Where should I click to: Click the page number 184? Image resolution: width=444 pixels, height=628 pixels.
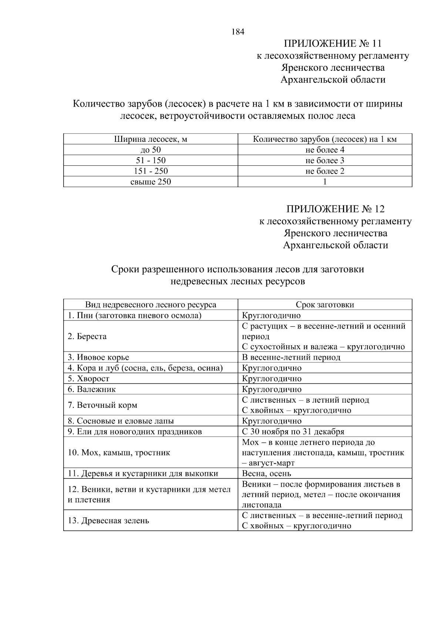pyautogui.click(x=238, y=32)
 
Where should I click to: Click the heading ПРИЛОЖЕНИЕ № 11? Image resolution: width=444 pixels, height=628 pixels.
pyautogui.click(x=332, y=44)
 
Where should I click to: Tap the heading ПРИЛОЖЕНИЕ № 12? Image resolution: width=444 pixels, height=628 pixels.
pyautogui.click(x=335, y=209)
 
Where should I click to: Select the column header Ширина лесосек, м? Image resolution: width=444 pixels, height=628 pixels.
pyautogui.click(x=151, y=139)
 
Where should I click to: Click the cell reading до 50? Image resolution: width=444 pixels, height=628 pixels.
pyautogui.click(x=151, y=150)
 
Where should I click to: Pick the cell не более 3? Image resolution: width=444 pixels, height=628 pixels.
pyautogui.click(x=324, y=161)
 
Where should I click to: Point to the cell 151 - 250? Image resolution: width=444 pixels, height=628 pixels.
pyautogui.click(x=151, y=171)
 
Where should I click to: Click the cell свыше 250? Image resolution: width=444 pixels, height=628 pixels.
pyautogui.click(x=151, y=182)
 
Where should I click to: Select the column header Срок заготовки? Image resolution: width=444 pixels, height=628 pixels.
pyautogui.click(x=324, y=305)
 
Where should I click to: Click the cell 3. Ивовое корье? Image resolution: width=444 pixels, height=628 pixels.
pyautogui.click(x=98, y=357)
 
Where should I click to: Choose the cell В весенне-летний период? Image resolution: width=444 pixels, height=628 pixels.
pyautogui.click(x=291, y=357)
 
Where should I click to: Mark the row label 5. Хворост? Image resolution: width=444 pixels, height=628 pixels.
pyautogui.click(x=88, y=379)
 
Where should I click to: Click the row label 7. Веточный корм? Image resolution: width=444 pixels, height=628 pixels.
pyautogui.click(x=102, y=405)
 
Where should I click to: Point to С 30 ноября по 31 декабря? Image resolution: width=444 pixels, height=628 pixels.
pyautogui.click(x=293, y=432)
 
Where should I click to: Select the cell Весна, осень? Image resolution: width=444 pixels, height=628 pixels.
pyautogui.click(x=266, y=474)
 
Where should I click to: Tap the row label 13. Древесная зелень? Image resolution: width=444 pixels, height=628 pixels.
pyautogui.click(x=108, y=521)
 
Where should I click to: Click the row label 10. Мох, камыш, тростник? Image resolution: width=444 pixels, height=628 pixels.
pyautogui.click(x=119, y=453)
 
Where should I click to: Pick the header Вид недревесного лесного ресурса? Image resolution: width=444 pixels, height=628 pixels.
pyautogui.click(x=151, y=305)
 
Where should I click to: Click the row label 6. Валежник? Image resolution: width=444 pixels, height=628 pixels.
pyautogui.click(x=92, y=389)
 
